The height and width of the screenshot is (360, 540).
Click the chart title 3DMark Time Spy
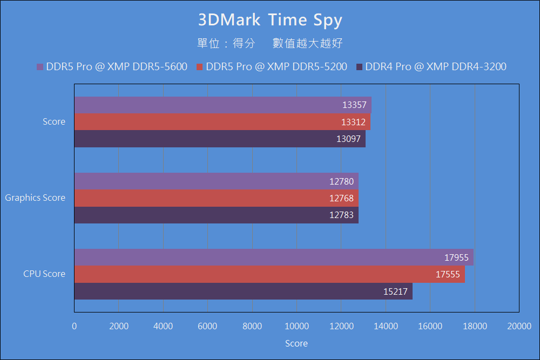click(270, 20)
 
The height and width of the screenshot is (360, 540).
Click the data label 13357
click(354, 105)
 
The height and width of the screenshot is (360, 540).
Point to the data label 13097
click(348, 139)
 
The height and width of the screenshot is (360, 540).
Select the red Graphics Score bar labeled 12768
click(216, 198)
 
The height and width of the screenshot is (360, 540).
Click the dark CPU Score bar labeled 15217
click(243, 291)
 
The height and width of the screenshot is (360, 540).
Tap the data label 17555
click(448, 275)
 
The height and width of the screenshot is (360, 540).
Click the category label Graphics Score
click(35, 198)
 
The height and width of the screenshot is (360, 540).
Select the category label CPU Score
click(44, 274)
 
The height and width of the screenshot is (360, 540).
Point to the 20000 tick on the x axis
click(519, 326)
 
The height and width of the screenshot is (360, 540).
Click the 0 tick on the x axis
click(75, 326)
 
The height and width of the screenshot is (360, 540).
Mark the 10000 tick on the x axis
click(296, 326)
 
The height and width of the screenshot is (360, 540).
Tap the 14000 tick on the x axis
click(386, 326)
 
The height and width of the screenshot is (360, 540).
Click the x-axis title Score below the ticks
click(296, 344)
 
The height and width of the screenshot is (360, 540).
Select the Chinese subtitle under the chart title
click(270, 44)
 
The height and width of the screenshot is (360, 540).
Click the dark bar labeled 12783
click(216, 215)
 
